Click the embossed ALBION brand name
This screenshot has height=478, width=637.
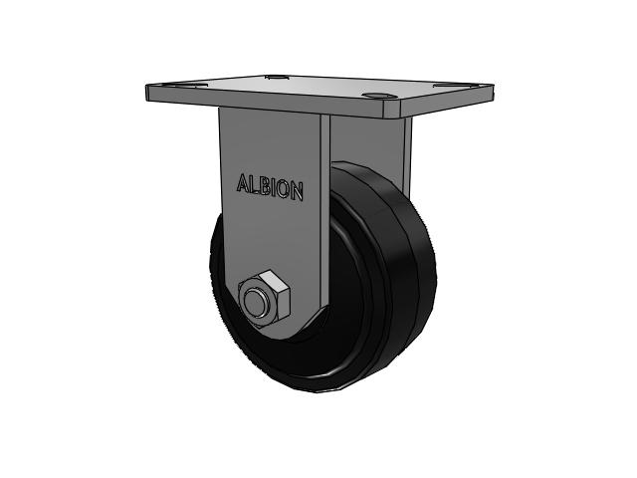click(x=270, y=187)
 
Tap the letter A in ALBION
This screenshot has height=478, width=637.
click(x=243, y=183)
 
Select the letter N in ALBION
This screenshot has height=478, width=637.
click(x=297, y=191)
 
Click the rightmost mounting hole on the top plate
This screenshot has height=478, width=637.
click(x=447, y=85)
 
